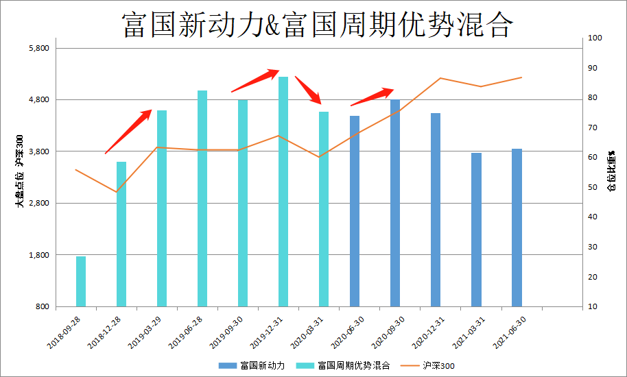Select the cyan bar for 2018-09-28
click(x=81, y=281)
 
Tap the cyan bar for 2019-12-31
click(x=283, y=191)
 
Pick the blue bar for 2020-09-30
click(x=395, y=203)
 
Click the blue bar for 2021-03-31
click(x=476, y=229)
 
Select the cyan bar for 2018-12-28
click(x=121, y=234)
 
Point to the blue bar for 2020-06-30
click(x=355, y=210)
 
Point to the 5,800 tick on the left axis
click(x=38, y=48)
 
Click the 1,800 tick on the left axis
click(x=38, y=255)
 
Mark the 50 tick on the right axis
click(x=593, y=187)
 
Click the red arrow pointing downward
click(x=308, y=90)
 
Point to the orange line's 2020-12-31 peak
click(x=441, y=78)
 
